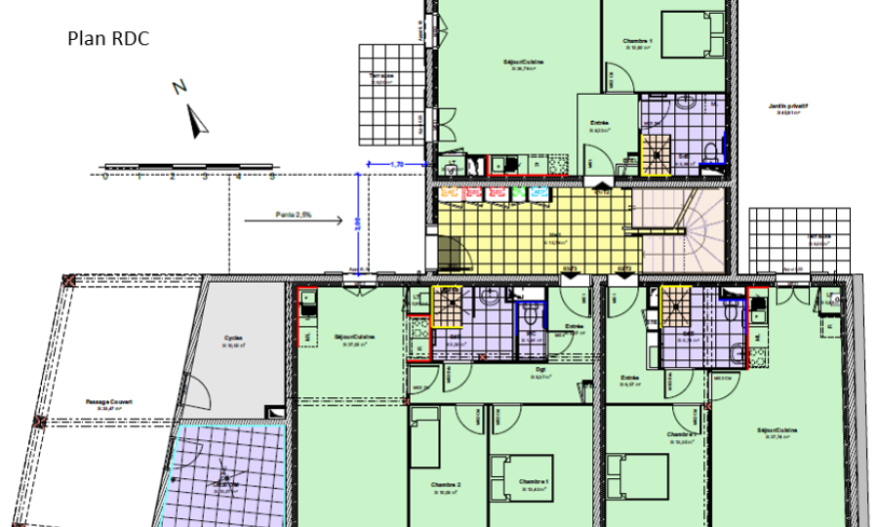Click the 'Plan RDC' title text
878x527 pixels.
[107, 39]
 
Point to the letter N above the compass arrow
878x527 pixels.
[180, 87]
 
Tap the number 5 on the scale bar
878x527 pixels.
[272, 178]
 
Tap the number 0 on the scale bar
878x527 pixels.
[105, 178]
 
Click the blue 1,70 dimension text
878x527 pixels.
[396, 164]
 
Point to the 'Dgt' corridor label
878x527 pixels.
[539, 370]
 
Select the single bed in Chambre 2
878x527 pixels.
[425, 438]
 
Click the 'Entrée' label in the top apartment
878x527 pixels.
[599, 125]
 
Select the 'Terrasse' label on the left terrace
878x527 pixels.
[381, 77]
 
